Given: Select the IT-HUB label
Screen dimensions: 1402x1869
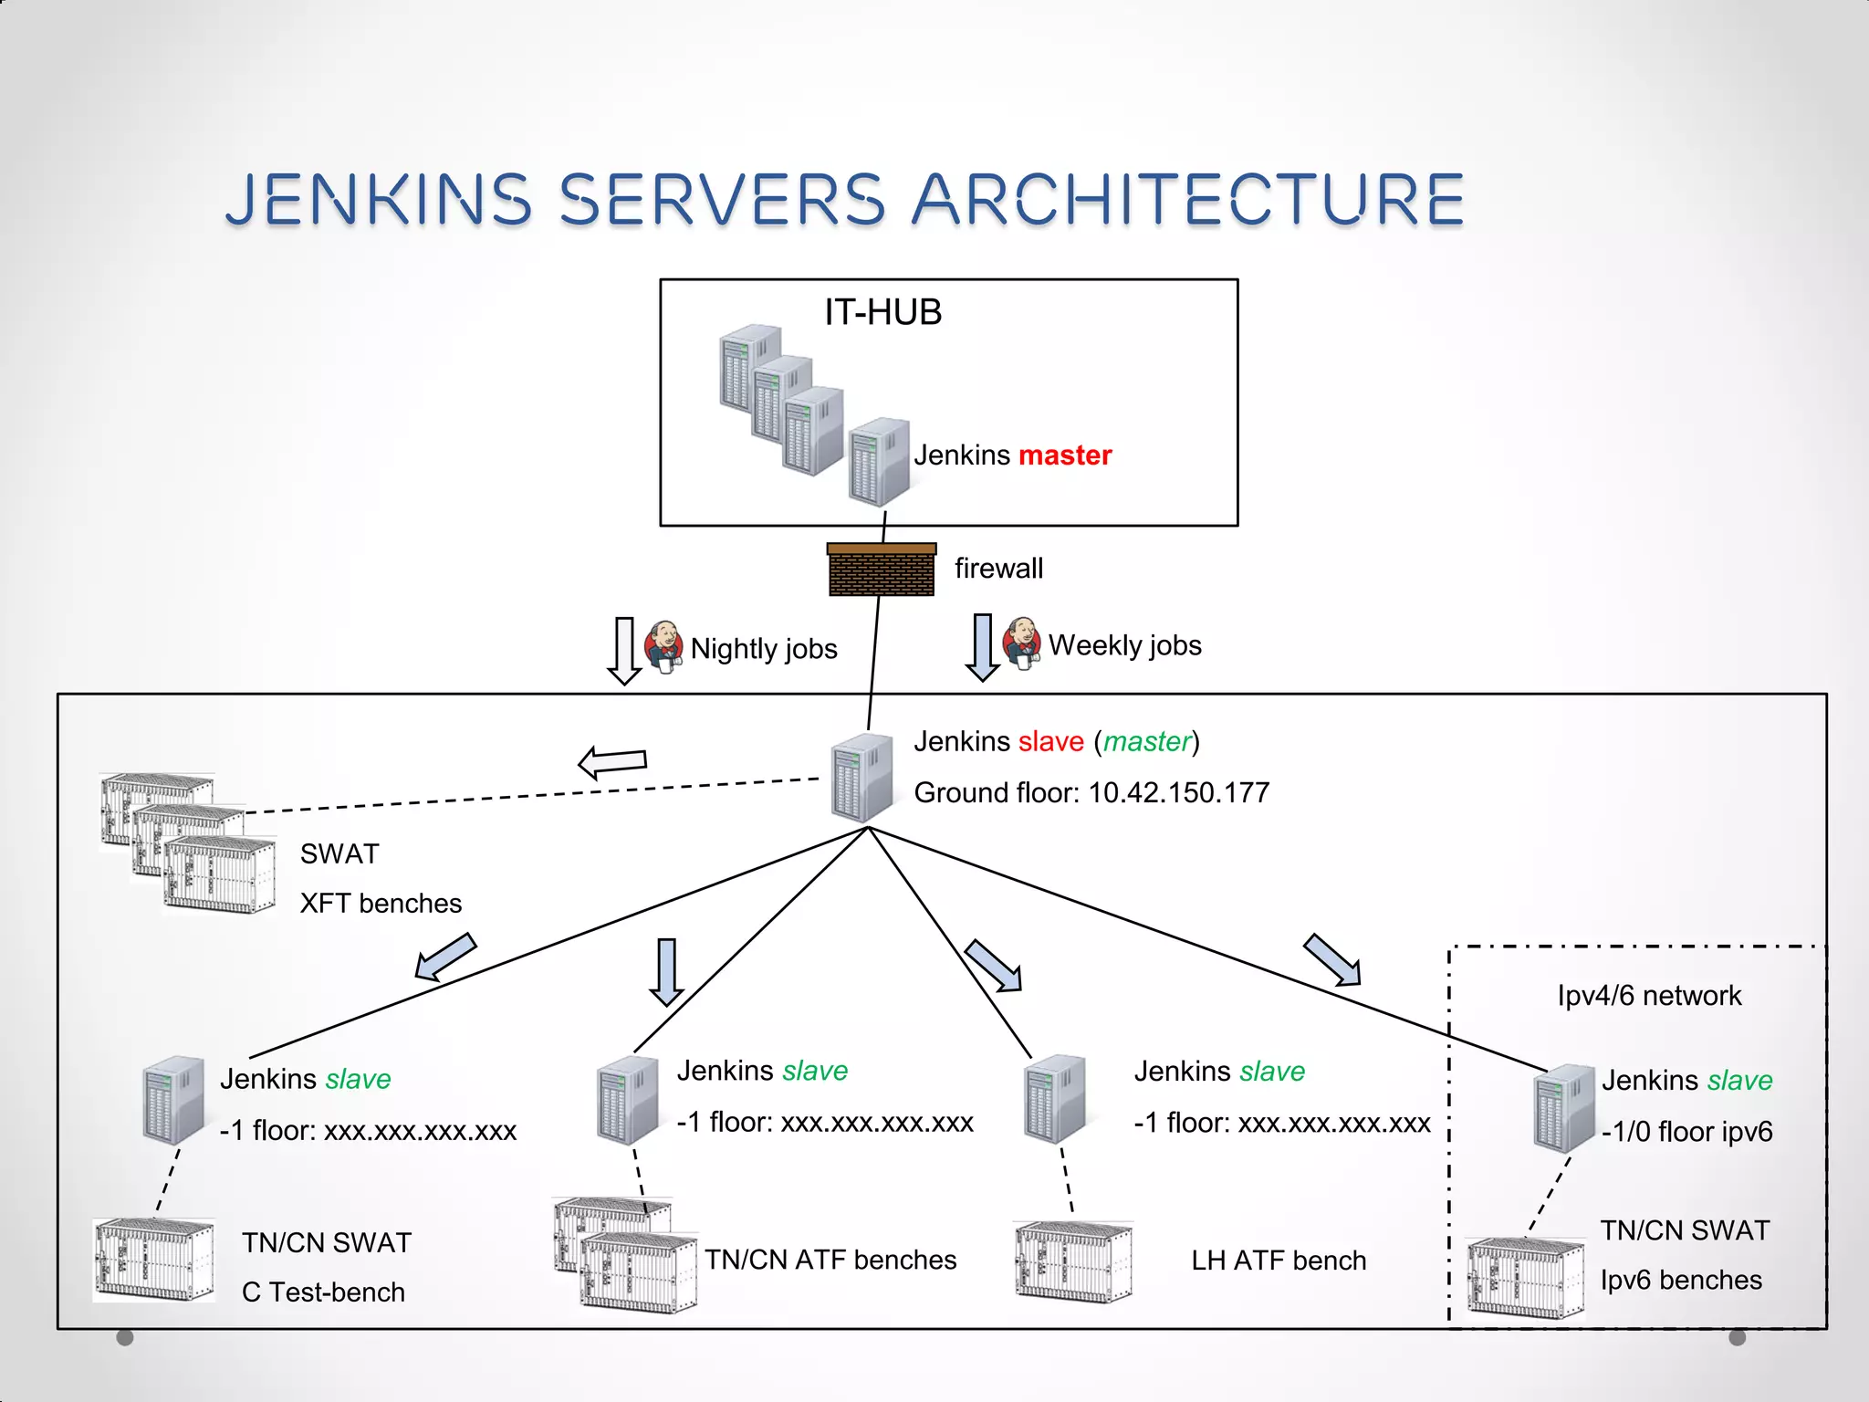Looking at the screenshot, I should click(x=882, y=312).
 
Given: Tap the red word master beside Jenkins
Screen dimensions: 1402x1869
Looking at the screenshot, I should click(x=1064, y=455).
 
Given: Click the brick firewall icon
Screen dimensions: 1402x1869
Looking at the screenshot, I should click(x=882, y=570).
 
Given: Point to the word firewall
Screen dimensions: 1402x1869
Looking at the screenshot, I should click(x=998, y=568).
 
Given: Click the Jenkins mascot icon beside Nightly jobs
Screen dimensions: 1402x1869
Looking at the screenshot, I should click(x=663, y=646).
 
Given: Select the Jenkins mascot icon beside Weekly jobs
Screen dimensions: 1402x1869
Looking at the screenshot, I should click(x=1022, y=643).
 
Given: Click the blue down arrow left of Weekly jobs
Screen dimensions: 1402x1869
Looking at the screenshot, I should click(x=982, y=647).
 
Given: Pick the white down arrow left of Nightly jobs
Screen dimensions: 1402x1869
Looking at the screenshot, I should click(x=624, y=650).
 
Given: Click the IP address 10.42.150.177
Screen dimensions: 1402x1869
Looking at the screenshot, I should click(x=1179, y=792).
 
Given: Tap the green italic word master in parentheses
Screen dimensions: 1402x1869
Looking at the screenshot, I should click(x=1147, y=741).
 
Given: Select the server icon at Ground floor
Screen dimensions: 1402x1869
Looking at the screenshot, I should click(x=861, y=778).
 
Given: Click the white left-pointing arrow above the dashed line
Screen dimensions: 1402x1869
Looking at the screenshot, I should click(x=612, y=762).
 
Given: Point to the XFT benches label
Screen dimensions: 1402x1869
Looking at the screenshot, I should click(x=381, y=903).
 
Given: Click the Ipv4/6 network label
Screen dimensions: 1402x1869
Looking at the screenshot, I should click(x=1648, y=995).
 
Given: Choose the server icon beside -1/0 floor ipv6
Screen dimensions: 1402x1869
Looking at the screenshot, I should click(x=1564, y=1107).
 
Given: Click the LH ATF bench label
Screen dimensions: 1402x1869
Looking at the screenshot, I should click(x=1278, y=1261).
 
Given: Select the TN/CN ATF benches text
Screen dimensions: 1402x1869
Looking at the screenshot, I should click(x=830, y=1260).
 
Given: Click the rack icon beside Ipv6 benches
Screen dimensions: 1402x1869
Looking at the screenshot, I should click(x=1525, y=1278).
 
